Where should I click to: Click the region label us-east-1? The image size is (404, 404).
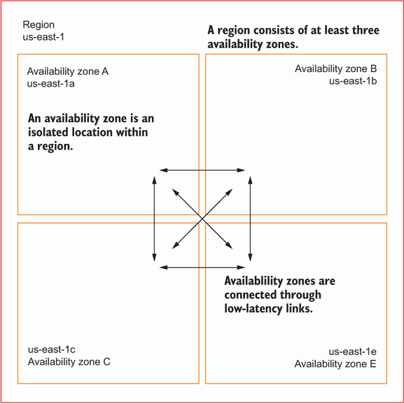tap(43, 37)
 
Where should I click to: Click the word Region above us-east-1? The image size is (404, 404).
tap(39, 25)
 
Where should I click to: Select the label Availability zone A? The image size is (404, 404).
tap(68, 71)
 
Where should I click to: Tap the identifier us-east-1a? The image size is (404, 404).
tap(51, 84)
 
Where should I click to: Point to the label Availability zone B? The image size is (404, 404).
tap(336, 68)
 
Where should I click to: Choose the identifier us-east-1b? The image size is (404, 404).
tap(353, 81)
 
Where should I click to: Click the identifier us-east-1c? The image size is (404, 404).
tap(52, 349)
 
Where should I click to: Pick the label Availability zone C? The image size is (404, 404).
tap(69, 362)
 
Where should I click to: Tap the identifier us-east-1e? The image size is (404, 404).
tap(352, 352)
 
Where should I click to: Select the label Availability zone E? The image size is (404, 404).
tap(335, 364)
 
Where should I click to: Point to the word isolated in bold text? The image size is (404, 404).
tap(48, 132)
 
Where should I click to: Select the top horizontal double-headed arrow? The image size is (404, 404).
tap(202, 171)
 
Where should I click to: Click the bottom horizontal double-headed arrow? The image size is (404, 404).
tap(202, 268)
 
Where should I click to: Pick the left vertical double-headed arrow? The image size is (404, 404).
tap(154, 219)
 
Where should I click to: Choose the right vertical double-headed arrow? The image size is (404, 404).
tap(250, 219)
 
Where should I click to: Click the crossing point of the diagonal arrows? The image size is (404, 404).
tap(202, 219)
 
